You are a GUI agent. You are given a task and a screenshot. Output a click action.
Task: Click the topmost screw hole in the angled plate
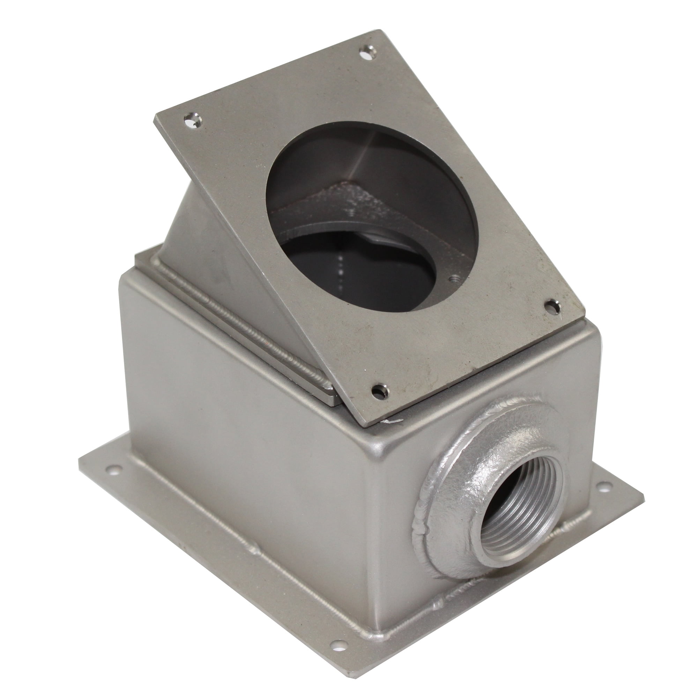coord(368,53)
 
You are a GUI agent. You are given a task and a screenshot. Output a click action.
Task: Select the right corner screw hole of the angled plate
coord(552,307)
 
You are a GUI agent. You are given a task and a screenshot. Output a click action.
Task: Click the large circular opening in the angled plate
coord(372,217)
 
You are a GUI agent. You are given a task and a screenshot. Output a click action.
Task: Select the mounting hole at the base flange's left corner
coord(114,470)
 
